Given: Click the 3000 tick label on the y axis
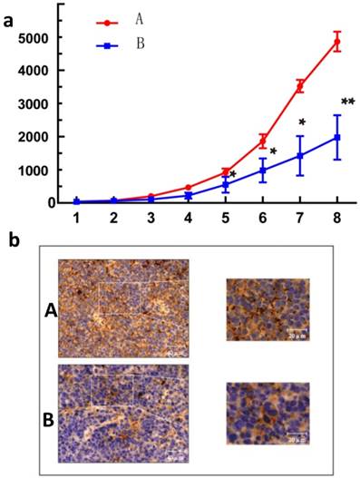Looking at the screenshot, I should point(32,103).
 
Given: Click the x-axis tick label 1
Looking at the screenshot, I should point(77,219).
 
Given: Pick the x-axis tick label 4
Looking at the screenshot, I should point(188,219).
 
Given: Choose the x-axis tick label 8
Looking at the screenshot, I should point(337,219).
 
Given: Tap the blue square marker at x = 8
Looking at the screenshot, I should point(337,138).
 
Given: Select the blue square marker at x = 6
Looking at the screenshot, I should point(263,170).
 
